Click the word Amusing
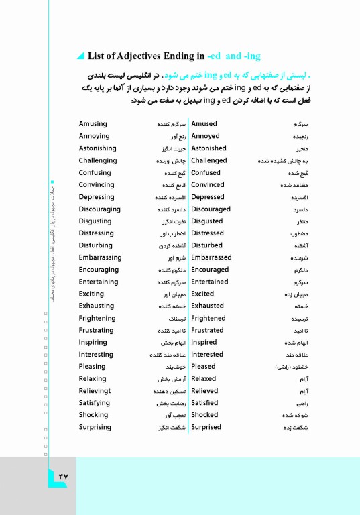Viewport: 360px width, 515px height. [93, 124]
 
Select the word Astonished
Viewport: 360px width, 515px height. [208, 148]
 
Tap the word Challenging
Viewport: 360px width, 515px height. [98, 161]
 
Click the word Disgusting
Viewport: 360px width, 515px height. [95, 221]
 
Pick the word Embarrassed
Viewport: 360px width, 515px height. [211, 257]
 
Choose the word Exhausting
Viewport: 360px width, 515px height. [97, 306]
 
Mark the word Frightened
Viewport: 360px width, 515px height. [208, 319]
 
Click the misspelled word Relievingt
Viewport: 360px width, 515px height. [97, 391]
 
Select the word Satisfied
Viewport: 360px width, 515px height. [204, 403]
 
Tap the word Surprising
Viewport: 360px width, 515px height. [95, 427]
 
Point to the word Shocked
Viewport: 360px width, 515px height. [204, 415]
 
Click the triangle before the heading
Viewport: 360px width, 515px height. [81, 55]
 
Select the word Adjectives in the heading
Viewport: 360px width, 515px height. [140, 55]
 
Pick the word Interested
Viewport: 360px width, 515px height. [207, 355]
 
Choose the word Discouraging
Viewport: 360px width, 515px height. [100, 209]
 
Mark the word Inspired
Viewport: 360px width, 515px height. [204, 343]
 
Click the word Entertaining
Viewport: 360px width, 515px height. [98, 282]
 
